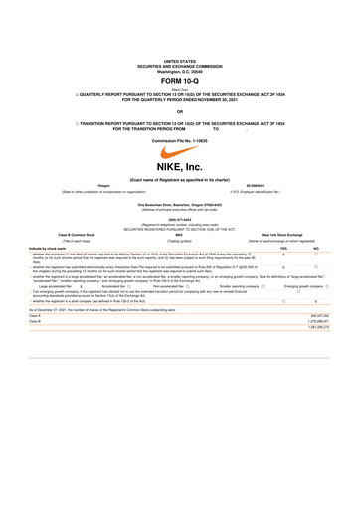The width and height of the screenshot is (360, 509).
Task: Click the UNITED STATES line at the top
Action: [180, 33]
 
